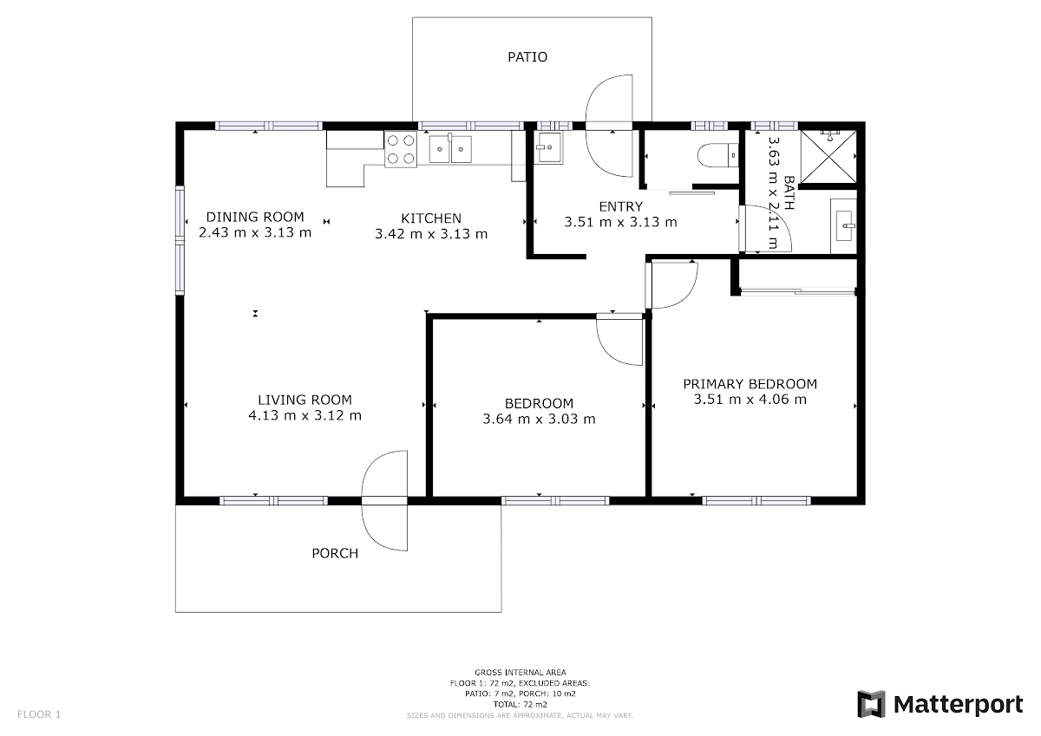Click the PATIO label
pyautogui.click(x=527, y=57)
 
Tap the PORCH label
pyautogui.click(x=335, y=553)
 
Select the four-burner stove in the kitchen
pyautogui.click(x=401, y=149)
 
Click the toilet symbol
pyautogui.click(x=718, y=155)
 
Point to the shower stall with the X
pyautogui.click(x=828, y=157)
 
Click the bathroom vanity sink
pyautogui.click(x=843, y=226)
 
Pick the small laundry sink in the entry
pyautogui.click(x=548, y=147)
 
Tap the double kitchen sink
pyautogui.click(x=450, y=149)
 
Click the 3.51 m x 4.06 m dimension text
pyautogui.click(x=750, y=400)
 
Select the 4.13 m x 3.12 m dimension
pyautogui.click(x=304, y=415)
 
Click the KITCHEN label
pyautogui.click(x=431, y=218)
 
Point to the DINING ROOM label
pyautogui.click(x=255, y=217)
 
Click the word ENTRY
pyautogui.click(x=620, y=206)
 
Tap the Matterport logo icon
pyautogui.click(x=871, y=704)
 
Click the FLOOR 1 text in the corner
pyautogui.click(x=39, y=714)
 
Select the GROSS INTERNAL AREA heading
pyautogui.click(x=520, y=672)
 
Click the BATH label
pyautogui.click(x=789, y=192)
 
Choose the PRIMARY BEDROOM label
pyautogui.click(x=750, y=384)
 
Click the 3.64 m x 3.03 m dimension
pyautogui.click(x=539, y=419)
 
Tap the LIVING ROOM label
pyautogui.click(x=304, y=400)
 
